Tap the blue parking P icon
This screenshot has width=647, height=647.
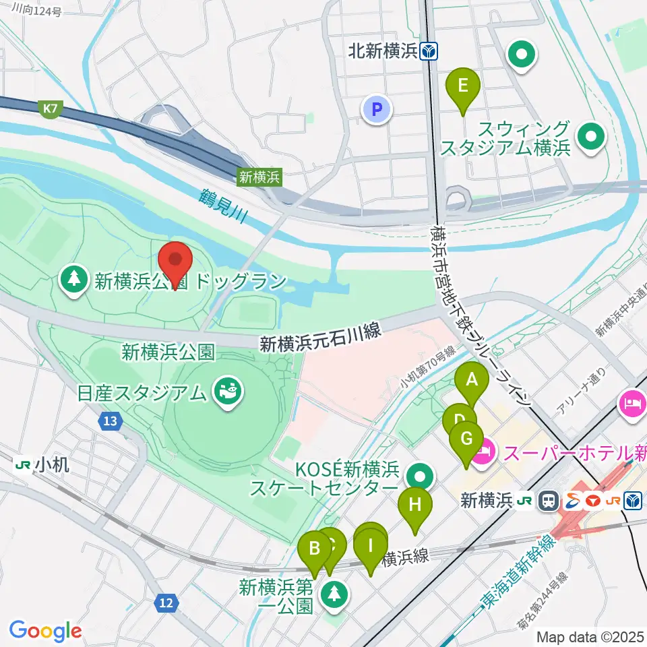point(377,109)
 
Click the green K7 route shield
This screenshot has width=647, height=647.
point(49,109)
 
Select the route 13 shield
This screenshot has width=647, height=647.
point(111,422)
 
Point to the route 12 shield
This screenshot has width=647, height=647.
point(167,602)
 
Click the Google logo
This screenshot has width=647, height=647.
point(45,631)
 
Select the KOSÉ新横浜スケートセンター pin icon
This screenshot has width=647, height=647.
point(420,476)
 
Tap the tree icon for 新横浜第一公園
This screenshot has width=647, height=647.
point(333,594)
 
